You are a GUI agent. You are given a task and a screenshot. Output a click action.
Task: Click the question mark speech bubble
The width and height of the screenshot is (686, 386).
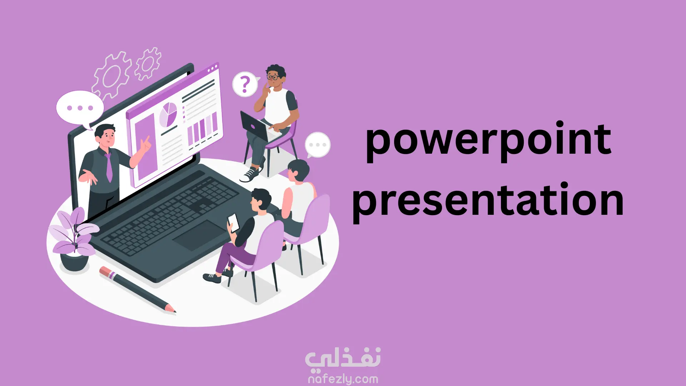click(245, 85)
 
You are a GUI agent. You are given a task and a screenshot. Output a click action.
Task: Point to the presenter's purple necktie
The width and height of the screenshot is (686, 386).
click(109, 167)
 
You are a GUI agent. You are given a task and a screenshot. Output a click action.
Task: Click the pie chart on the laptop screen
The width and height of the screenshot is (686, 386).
click(168, 114)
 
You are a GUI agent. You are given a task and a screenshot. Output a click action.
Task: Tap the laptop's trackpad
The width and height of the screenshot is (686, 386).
click(200, 235)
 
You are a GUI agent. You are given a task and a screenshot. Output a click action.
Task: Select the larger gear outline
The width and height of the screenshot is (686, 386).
click(111, 75)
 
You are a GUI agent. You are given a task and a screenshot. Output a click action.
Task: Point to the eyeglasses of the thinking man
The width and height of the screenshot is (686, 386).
click(273, 77)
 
